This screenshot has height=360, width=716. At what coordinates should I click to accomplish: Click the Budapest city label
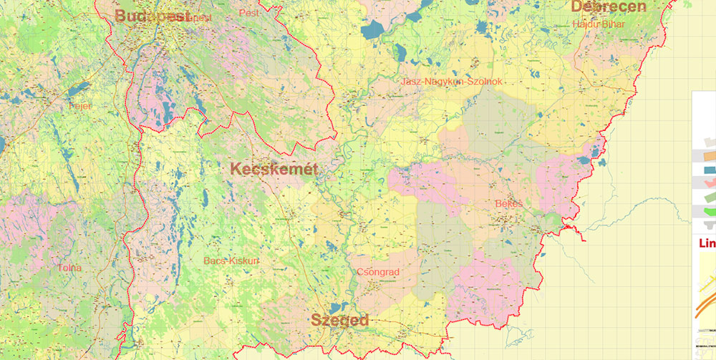pos(152,16)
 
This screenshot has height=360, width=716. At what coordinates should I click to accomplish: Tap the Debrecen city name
pos(608,7)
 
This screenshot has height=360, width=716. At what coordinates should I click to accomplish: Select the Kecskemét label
pos(274,169)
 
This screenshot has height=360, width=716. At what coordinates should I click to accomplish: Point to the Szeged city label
pos(339,320)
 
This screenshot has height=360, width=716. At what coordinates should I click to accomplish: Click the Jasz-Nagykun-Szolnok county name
pos(453,82)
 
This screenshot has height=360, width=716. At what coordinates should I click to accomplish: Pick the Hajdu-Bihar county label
pos(599,24)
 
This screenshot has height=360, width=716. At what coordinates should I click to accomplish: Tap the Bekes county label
pos(509,204)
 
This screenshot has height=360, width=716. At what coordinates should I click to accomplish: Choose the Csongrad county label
pos(377,272)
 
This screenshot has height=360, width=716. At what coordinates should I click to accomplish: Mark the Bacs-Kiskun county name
pos(231,261)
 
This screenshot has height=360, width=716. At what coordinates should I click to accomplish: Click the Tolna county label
pos(70,268)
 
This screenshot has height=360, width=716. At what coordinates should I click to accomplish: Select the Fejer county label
pos(81,106)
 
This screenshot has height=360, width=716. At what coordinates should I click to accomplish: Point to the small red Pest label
pos(249,13)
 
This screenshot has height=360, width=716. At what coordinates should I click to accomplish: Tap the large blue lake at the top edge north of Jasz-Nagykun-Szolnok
pos(373,30)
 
